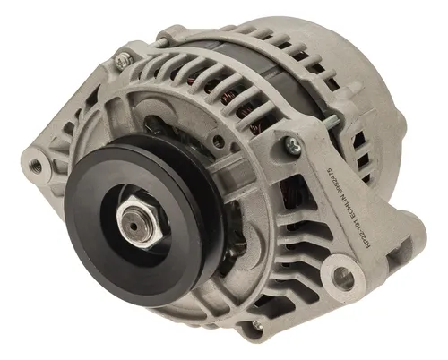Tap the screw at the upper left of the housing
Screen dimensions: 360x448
coord(123,60)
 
